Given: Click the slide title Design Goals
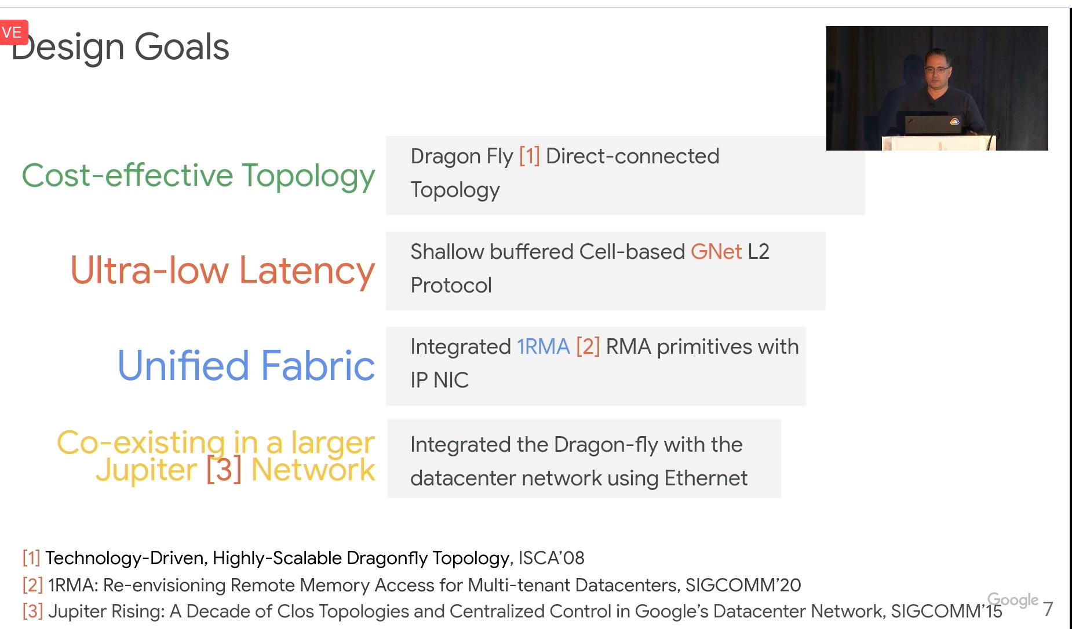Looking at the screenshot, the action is [121, 47].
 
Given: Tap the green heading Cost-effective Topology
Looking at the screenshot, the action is [198, 176].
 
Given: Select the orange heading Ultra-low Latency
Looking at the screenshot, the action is [223, 270].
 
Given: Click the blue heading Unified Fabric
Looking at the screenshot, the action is [246, 365].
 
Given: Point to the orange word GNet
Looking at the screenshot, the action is [716, 252].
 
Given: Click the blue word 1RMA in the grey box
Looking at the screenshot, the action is [544, 347].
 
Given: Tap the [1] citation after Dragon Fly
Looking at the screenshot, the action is [529, 156].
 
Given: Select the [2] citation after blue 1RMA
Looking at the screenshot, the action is [588, 347].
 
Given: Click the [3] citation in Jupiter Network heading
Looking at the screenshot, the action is [224, 470].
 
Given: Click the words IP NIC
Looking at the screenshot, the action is [439, 381].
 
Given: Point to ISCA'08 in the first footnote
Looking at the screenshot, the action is [551, 558].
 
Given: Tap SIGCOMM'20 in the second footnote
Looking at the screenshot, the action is [743, 585].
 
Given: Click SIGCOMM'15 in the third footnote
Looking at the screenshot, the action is [946, 611].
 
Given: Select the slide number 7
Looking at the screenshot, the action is [1048, 609].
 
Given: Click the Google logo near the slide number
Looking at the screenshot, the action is [1012, 600].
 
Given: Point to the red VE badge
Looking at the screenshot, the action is [13, 32].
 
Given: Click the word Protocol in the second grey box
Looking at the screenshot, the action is [451, 286].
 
